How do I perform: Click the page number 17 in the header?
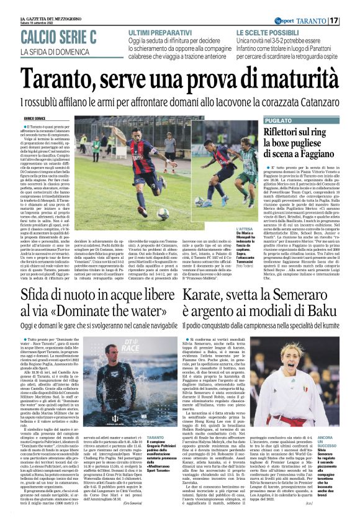351,21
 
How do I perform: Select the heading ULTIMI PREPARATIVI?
157,31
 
